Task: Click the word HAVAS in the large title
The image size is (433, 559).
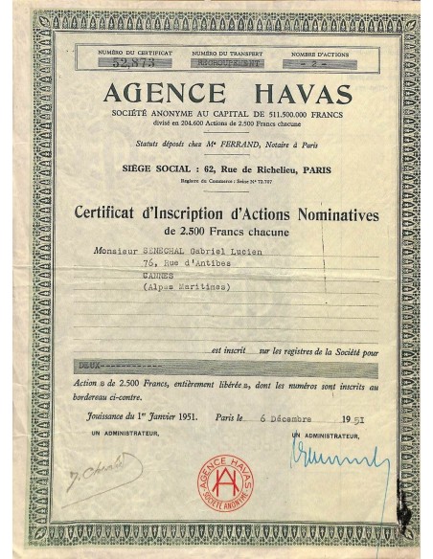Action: (x=293, y=93)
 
